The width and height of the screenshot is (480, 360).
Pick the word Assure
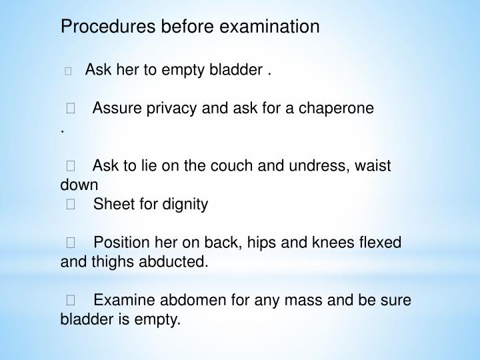(115, 108)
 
